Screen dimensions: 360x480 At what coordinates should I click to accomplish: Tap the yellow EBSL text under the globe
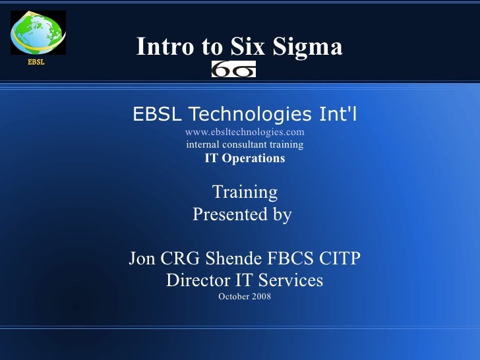pyautogui.click(x=36, y=63)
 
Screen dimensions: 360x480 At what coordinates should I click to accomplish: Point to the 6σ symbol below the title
pyautogui.click(x=233, y=69)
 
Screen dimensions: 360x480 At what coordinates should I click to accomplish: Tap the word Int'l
pyautogui.click(x=337, y=114)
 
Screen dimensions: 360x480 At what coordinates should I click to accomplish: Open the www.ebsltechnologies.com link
pyautogui.click(x=244, y=132)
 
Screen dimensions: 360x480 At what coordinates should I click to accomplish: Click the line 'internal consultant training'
pyautogui.click(x=245, y=144)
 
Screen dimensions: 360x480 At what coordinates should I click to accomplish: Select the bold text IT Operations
pyautogui.click(x=245, y=158)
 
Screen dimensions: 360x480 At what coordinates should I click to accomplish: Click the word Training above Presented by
pyautogui.click(x=245, y=192)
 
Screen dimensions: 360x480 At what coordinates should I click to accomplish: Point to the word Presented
pyautogui.click(x=221, y=215)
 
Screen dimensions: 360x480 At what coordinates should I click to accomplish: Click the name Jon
pyautogui.click(x=143, y=258)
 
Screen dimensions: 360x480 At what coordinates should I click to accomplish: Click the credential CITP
pyautogui.click(x=344, y=258)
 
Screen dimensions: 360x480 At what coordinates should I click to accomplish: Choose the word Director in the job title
pyautogui.click(x=196, y=280)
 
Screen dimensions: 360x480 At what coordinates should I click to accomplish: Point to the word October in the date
pyautogui.click(x=233, y=297)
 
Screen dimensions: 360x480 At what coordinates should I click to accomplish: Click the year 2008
pyautogui.click(x=260, y=297)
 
